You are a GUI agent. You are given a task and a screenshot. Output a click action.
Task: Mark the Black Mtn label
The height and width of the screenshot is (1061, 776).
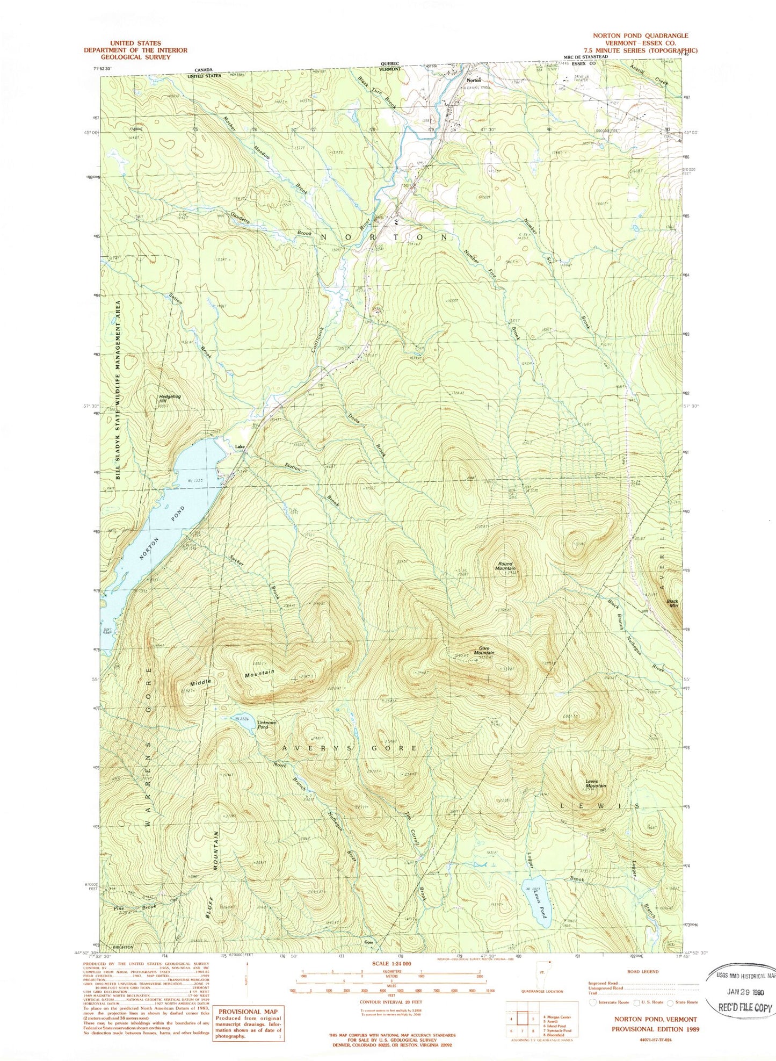[672, 603]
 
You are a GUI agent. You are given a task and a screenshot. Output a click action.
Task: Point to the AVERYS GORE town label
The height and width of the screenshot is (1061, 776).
[349, 748]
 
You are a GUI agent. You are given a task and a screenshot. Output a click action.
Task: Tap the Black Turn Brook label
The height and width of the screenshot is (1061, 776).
[377, 92]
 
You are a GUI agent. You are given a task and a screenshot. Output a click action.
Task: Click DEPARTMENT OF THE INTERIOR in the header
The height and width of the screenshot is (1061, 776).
[135, 50]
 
